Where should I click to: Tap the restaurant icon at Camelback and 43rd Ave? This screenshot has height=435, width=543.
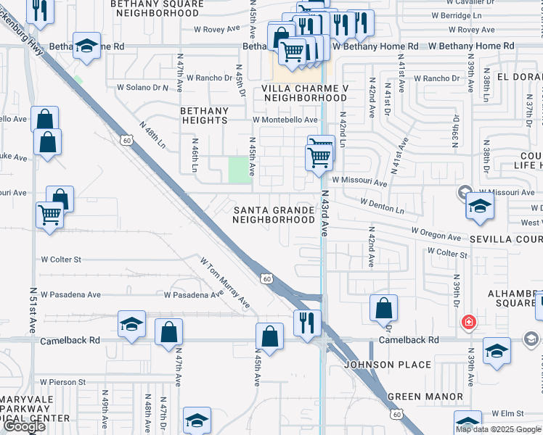point(307,321)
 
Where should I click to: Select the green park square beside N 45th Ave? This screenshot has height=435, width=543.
point(237,170)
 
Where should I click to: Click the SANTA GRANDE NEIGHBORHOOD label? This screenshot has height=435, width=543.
point(274,215)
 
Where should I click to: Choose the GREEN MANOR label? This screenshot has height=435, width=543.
point(425,397)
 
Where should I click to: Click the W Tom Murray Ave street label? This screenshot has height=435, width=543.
point(225,283)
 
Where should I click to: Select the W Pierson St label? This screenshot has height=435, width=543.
point(63,381)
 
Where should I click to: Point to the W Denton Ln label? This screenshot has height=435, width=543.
point(382,206)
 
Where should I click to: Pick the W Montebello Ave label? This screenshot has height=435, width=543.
point(285,120)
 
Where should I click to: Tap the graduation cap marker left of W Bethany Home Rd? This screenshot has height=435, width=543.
point(86,46)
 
